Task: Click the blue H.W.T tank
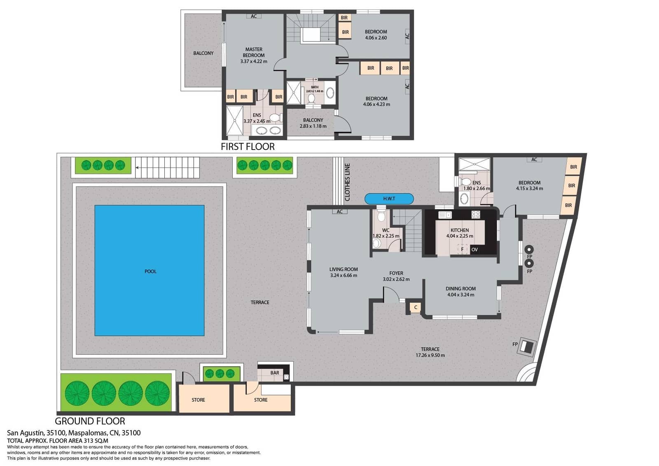point(389,199)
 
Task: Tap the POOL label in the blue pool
point(150,271)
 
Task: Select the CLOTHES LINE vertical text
point(347,182)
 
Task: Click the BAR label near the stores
point(275,372)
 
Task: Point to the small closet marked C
point(416,307)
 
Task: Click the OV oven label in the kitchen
point(474,249)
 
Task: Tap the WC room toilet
point(381,216)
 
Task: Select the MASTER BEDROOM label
point(254,52)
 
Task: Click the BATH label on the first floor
point(315,87)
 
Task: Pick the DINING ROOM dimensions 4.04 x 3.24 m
point(460,295)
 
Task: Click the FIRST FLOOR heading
point(248,147)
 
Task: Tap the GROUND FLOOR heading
point(90,421)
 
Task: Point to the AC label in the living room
point(340,212)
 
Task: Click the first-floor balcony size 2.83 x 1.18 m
point(313,126)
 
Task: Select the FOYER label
point(396,273)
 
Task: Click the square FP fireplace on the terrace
point(526,347)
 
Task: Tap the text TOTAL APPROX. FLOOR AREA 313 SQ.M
point(58,440)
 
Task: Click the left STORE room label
point(198,400)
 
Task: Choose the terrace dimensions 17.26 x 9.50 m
point(430,355)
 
